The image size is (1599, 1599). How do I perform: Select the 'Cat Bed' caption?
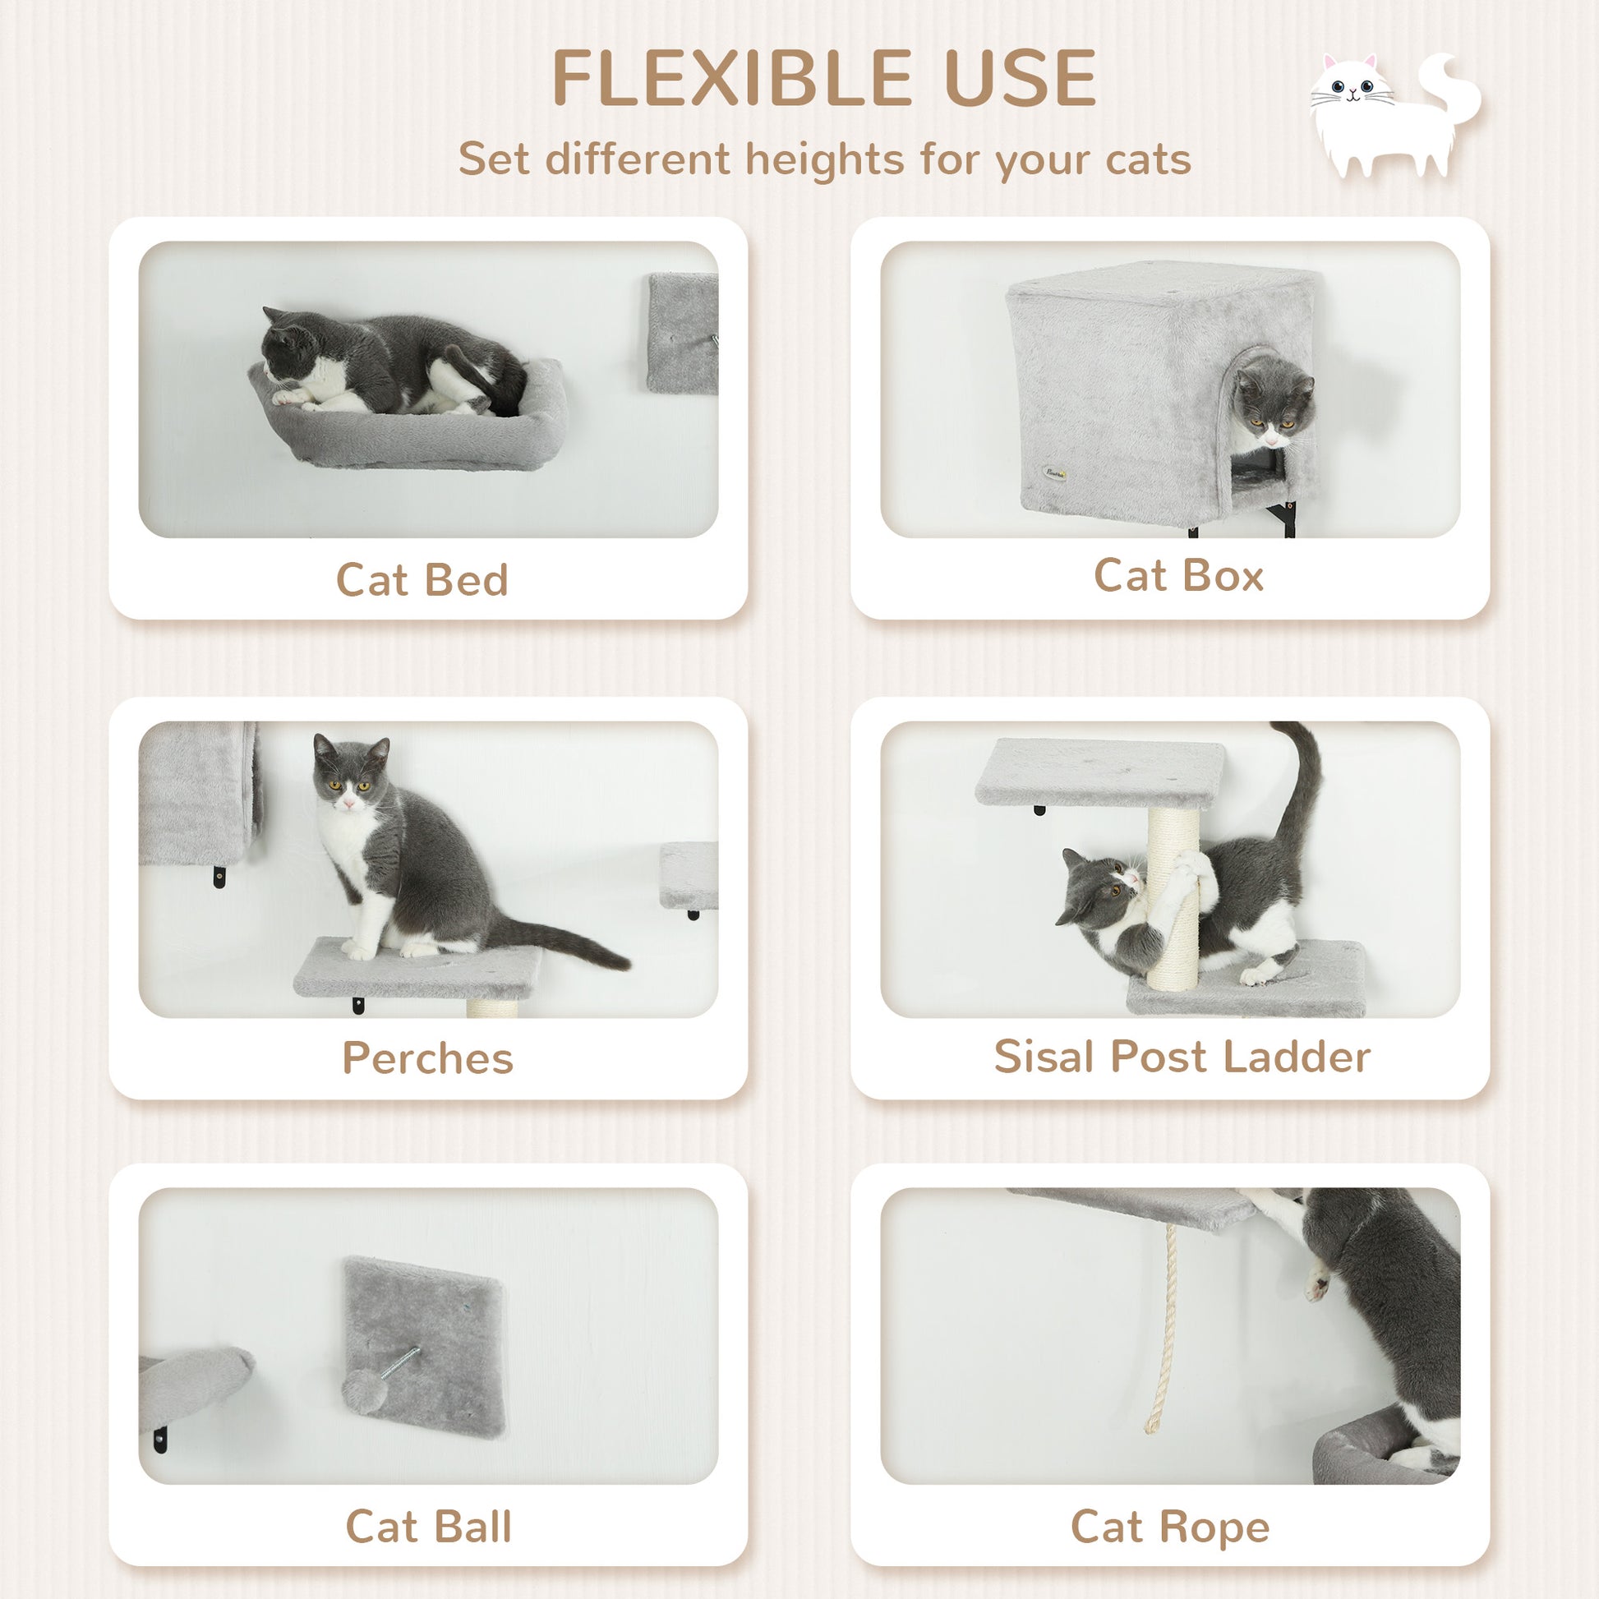click(422, 579)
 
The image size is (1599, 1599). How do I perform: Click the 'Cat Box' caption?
click(1178, 575)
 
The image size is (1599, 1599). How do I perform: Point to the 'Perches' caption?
click(428, 1058)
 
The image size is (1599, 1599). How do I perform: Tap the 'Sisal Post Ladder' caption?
click(1182, 1056)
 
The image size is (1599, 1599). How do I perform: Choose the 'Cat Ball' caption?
click(428, 1526)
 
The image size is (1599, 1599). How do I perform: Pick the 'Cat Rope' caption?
click(1169, 1526)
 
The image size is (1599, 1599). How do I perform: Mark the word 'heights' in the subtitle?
click(824, 159)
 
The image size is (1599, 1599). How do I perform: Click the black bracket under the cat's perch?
click(358, 1007)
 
